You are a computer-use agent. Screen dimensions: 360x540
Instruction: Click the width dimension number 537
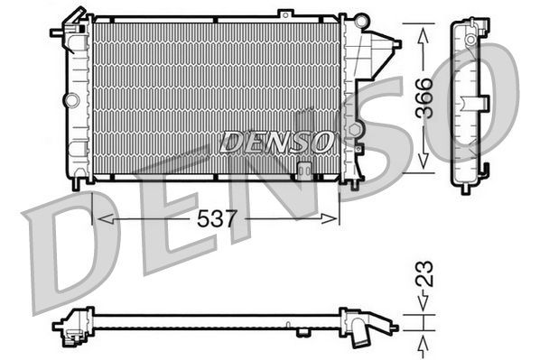(218, 219)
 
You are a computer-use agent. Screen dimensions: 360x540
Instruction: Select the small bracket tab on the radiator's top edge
(285, 14)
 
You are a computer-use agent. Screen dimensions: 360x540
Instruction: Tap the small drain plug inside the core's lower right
(305, 167)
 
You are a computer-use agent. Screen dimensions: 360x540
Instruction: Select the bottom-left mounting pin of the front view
(79, 183)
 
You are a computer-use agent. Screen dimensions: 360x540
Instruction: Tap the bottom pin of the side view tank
(465, 188)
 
